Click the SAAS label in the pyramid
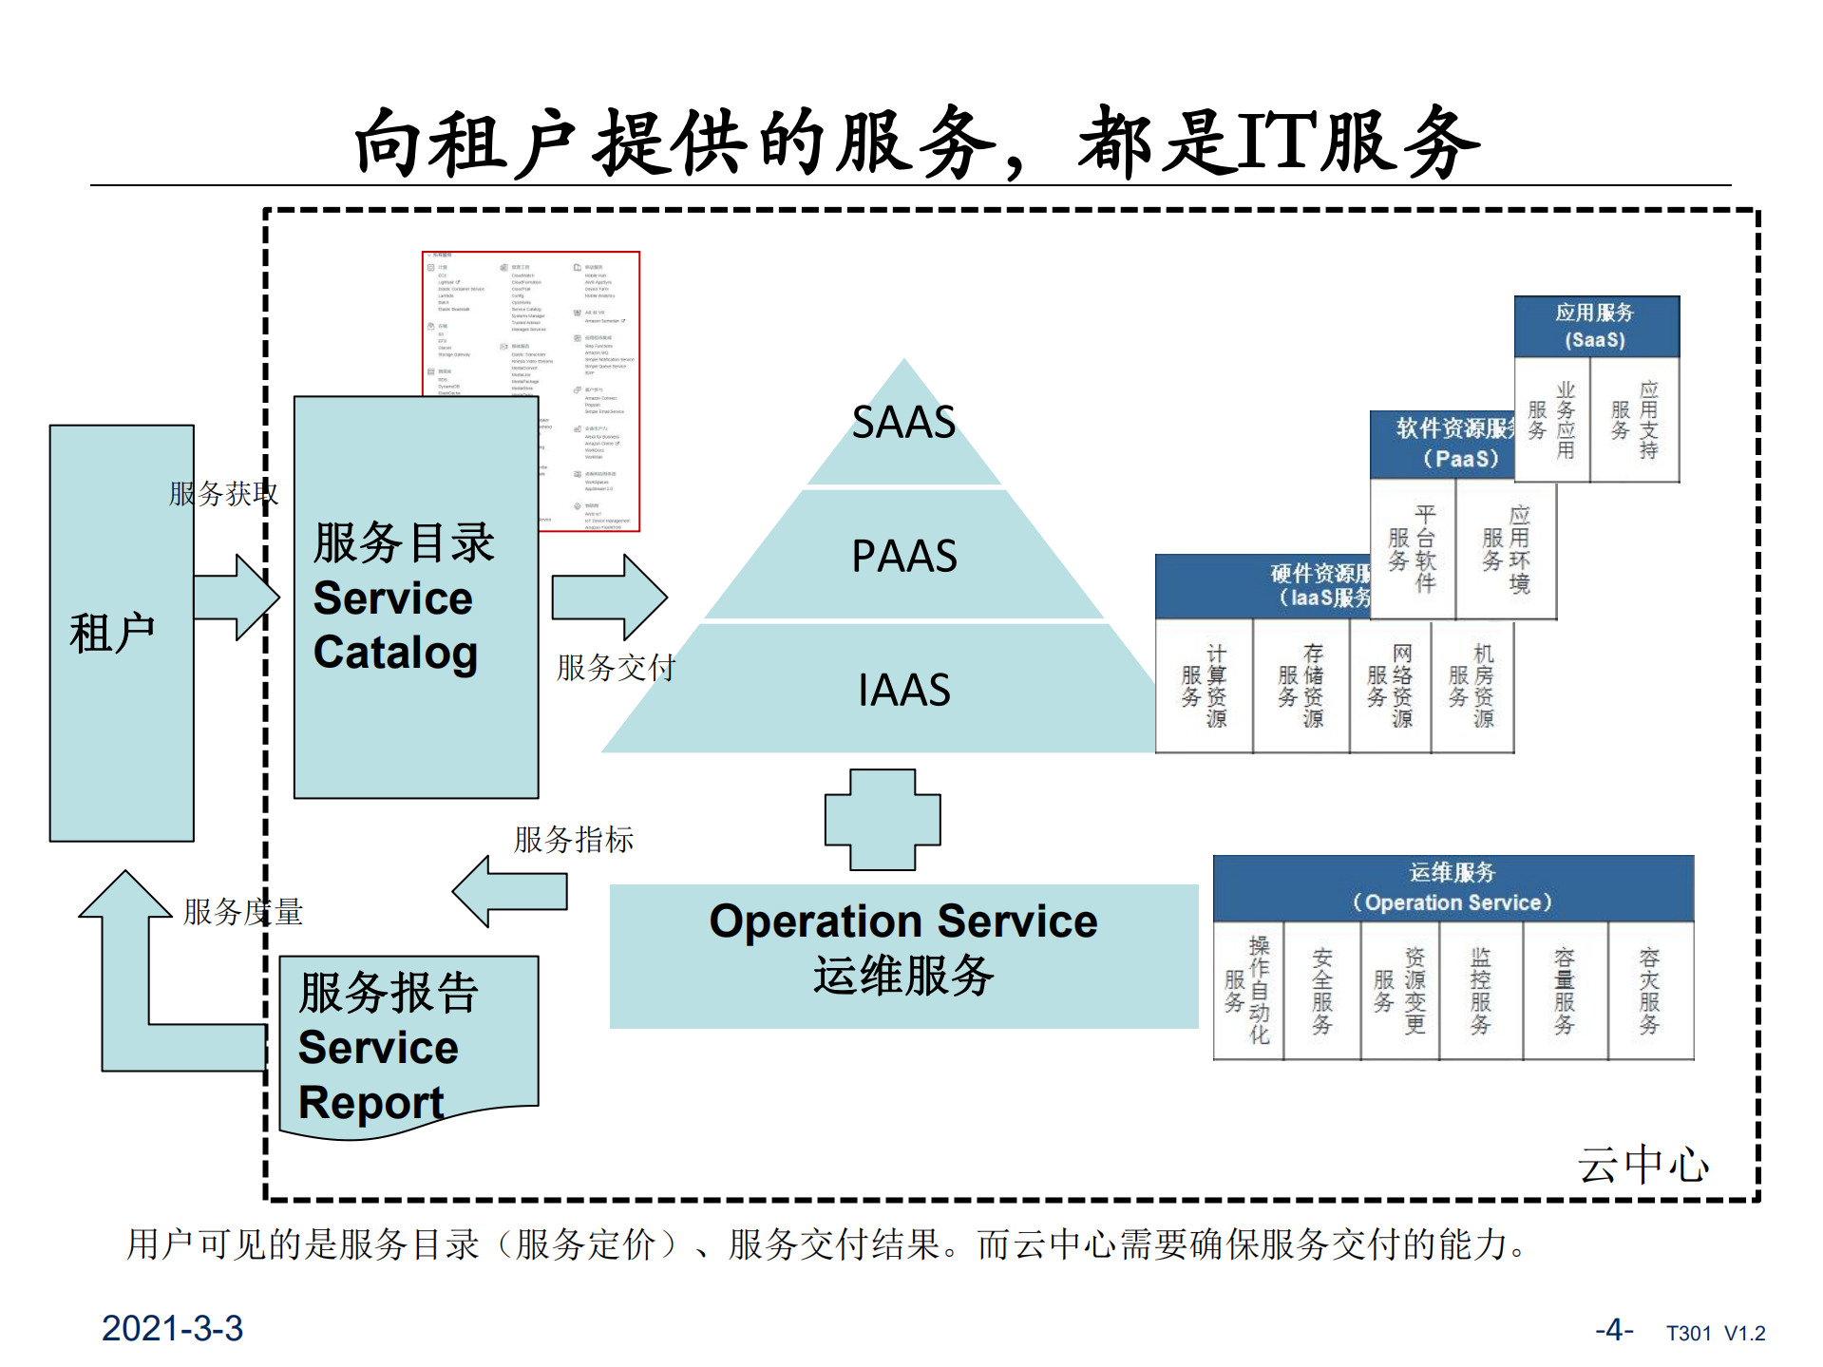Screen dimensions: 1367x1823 [902, 422]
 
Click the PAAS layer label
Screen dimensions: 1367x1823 [903, 556]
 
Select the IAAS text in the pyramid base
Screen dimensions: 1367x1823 [903, 690]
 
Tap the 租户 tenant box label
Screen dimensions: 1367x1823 [112, 633]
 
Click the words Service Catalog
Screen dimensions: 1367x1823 [394, 625]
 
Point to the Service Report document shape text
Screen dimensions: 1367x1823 [378, 1073]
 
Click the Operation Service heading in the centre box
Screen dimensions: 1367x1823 [902, 921]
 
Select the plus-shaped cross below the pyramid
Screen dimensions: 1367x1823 [883, 820]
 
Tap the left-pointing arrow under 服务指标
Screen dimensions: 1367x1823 [511, 891]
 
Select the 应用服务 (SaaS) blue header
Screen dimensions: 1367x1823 [1596, 326]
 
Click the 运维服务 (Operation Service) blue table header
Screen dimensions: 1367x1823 [1453, 887]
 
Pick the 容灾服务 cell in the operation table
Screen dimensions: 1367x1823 [1649, 991]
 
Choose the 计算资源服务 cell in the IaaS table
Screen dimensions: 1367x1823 [1204, 686]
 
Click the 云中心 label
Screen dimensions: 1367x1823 [1643, 1165]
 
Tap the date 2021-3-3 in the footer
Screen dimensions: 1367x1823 [172, 1328]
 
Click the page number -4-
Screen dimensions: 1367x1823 [1614, 1329]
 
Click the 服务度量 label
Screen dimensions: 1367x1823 [242, 912]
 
